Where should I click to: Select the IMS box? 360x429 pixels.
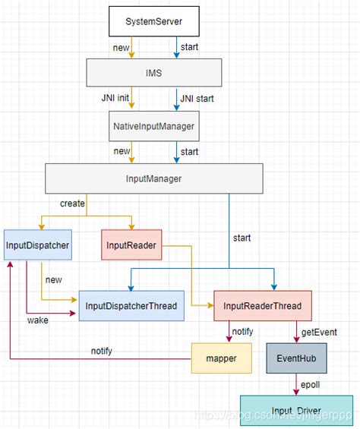coord(154,73)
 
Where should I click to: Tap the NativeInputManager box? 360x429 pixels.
coord(154,127)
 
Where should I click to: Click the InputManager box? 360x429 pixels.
coord(154,178)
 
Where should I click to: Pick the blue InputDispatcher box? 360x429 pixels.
coord(37,244)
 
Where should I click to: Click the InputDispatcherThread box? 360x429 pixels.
coord(131,306)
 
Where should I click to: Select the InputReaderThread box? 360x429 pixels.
coord(263,306)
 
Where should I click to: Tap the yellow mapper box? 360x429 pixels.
coord(222,357)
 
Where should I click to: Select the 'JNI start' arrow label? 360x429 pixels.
coord(196,99)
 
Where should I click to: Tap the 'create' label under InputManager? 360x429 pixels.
coord(72,203)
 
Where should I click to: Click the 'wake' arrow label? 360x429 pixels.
coord(39,321)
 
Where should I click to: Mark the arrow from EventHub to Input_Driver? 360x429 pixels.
coord(295,384)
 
